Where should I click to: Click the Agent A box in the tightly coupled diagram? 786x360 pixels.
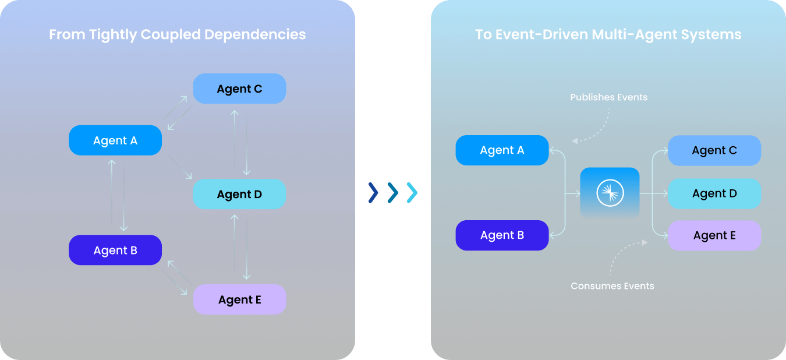(115, 140)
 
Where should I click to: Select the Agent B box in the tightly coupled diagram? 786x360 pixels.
(115, 250)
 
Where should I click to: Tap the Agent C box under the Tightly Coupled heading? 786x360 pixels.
(239, 89)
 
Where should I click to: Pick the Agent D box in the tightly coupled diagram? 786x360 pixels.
(239, 195)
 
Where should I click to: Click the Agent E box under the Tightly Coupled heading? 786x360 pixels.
(239, 300)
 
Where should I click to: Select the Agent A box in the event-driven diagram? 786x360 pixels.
(502, 150)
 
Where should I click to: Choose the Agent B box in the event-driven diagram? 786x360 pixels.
(502, 235)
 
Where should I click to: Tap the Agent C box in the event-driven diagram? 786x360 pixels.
(714, 150)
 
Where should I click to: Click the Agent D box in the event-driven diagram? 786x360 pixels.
(714, 193)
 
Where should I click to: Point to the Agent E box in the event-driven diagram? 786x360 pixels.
(714, 235)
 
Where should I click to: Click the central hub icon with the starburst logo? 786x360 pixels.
(610, 193)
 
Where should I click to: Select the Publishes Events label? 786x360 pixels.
(608, 97)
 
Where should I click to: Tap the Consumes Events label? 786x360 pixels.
(612, 286)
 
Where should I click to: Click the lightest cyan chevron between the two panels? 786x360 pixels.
(412, 193)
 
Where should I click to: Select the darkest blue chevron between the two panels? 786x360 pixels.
(373, 193)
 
